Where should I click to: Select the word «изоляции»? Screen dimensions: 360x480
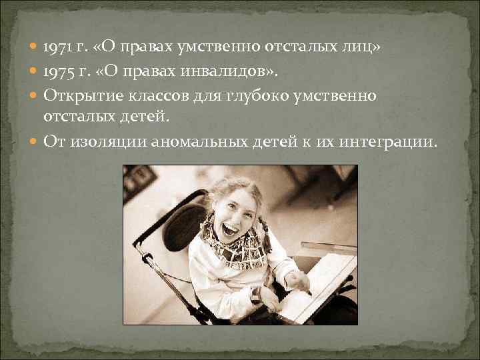tap(110, 141)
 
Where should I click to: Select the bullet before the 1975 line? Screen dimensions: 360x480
tap(33, 71)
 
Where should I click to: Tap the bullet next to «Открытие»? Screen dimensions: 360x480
tap(33, 95)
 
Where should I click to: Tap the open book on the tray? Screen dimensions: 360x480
tap(313, 287)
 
